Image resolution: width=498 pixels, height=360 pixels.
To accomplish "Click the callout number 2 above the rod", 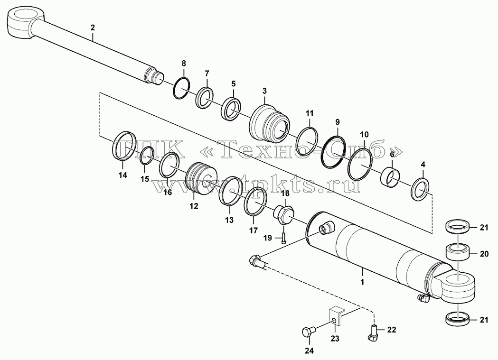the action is tap(93, 28).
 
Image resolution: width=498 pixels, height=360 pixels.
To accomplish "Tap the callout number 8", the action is tap(184, 63).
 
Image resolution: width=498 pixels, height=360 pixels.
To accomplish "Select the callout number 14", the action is tap(122, 175).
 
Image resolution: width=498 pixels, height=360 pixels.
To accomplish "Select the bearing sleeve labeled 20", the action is tap(458, 252).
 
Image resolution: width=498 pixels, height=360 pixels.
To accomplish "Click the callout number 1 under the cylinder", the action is tap(362, 282).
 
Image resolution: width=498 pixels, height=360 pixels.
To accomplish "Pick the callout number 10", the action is tap(364, 134).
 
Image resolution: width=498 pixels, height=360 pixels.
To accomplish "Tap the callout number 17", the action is tap(253, 230).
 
